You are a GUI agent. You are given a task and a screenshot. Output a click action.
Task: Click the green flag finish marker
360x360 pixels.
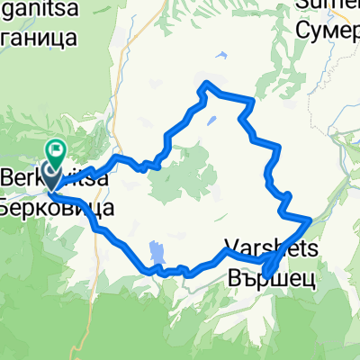click(x=58, y=150)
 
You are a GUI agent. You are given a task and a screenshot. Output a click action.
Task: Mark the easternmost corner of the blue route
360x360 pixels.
click(x=310, y=219)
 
